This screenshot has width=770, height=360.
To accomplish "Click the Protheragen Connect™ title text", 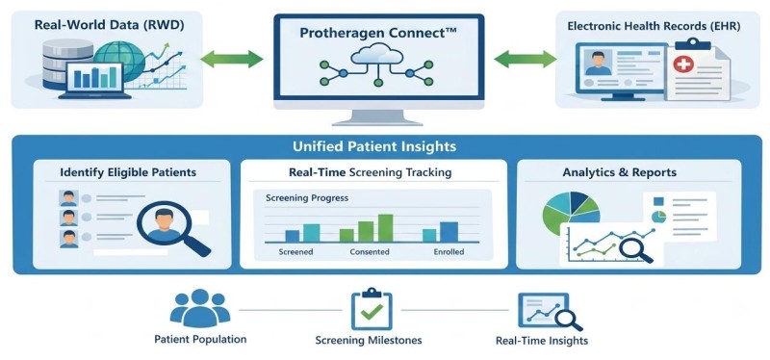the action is (378, 34).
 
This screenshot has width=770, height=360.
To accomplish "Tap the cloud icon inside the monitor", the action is (377, 53).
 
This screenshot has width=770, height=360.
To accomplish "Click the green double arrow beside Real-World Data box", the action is (232, 59).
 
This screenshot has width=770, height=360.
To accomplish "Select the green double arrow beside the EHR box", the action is (525, 60).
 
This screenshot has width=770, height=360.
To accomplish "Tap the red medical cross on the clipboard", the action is (683, 64).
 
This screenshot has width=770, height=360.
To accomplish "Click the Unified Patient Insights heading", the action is (374, 146).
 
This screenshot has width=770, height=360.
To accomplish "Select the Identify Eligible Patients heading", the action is (128, 172).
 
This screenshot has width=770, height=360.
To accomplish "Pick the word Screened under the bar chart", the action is (295, 252).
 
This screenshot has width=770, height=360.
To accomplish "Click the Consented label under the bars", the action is (370, 252).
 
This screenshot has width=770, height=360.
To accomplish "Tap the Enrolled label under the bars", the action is (449, 252).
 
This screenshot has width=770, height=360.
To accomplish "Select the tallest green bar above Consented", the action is (386, 228).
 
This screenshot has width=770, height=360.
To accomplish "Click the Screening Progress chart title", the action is (307, 198).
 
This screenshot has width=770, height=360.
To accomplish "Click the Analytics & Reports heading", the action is (619, 172).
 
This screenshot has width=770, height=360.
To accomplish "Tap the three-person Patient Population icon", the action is (200, 308).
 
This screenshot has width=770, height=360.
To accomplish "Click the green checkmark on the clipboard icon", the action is (372, 311).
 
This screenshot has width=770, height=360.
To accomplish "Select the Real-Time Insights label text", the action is (542, 341).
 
